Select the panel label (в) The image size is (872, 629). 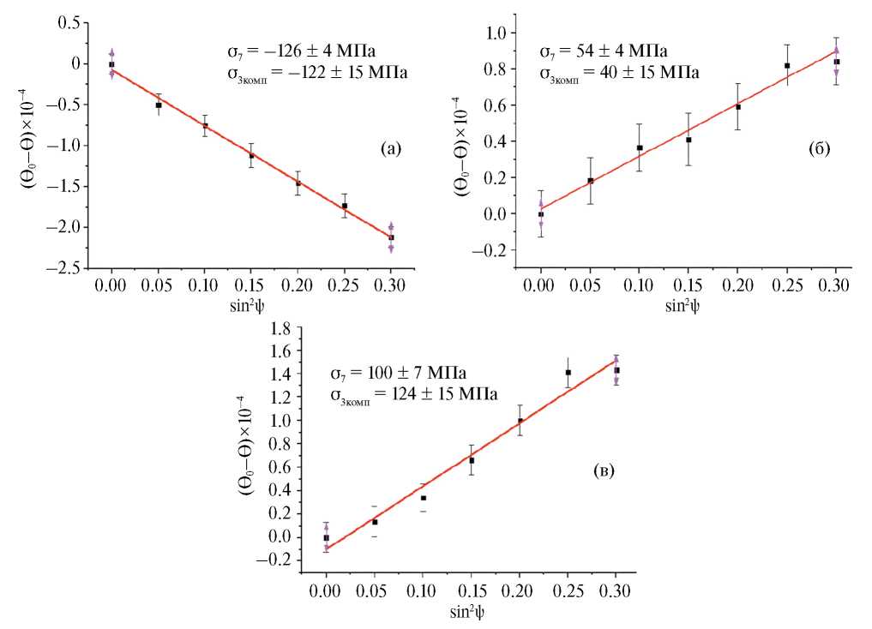(603, 470)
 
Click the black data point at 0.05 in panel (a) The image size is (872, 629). (158, 105)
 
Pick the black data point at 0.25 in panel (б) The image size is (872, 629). (787, 66)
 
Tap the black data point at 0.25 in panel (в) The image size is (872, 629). (568, 373)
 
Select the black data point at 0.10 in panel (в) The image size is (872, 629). (423, 498)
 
